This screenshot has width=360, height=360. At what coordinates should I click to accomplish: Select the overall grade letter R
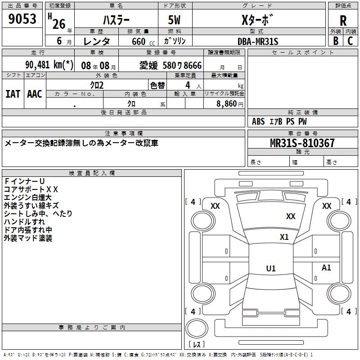click(x=343, y=21)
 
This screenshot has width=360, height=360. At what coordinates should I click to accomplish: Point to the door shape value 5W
click(x=175, y=21)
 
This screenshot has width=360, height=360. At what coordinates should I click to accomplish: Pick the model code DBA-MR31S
click(x=258, y=41)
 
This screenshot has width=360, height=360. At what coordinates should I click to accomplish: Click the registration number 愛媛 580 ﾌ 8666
click(x=171, y=66)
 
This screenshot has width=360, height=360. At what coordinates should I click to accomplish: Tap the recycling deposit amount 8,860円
click(x=230, y=104)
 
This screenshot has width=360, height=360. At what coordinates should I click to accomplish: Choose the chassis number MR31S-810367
click(x=302, y=144)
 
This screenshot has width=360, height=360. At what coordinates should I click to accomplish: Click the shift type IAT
click(x=13, y=94)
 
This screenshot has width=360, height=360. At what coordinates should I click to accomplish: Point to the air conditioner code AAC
click(x=35, y=94)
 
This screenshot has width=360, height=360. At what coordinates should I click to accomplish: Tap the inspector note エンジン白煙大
click(x=28, y=198)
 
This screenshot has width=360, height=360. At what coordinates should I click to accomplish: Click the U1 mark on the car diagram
click(x=270, y=269)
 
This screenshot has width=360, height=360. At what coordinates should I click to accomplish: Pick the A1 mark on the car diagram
click(x=326, y=268)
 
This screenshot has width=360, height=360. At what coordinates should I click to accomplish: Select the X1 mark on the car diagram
click(x=284, y=237)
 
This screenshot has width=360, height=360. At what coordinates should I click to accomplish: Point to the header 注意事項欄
click(x=124, y=134)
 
